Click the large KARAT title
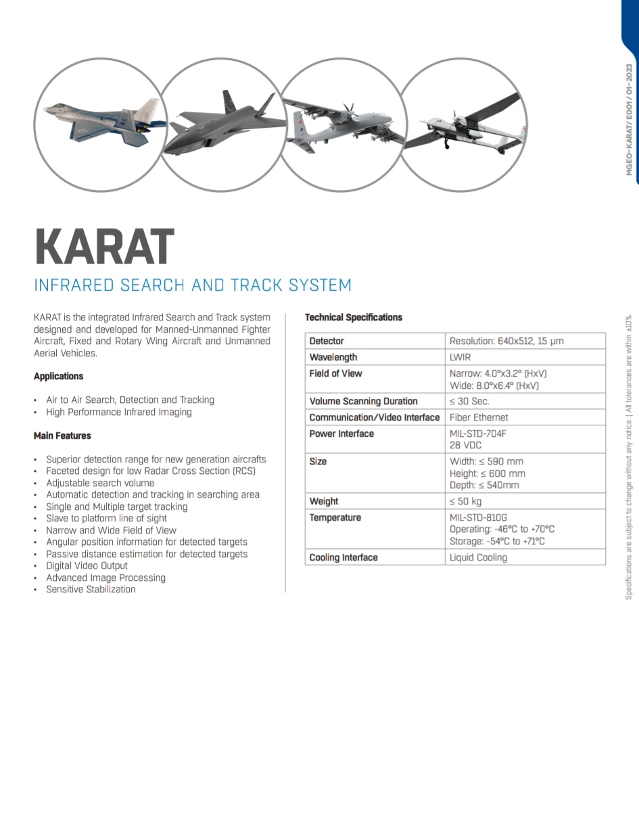tap(104, 247)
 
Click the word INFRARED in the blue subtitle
tap(74, 285)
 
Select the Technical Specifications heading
tap(353, 317)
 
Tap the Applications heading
tap(59, 376)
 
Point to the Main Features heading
tap(62, 435)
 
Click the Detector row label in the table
tap(327, 341)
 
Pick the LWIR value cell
tap(460, 357)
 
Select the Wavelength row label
tap(333, 357)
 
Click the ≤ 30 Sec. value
tap(469, 401)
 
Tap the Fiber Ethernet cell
tap(479, 417)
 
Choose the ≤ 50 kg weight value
tap(465, 501)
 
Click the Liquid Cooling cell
tap(478, 557)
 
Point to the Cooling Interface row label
tap(344, 557)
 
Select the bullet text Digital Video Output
tap(87, 565)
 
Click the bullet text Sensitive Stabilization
tap(91, 589)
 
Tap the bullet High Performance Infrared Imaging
tap(119, 412)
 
